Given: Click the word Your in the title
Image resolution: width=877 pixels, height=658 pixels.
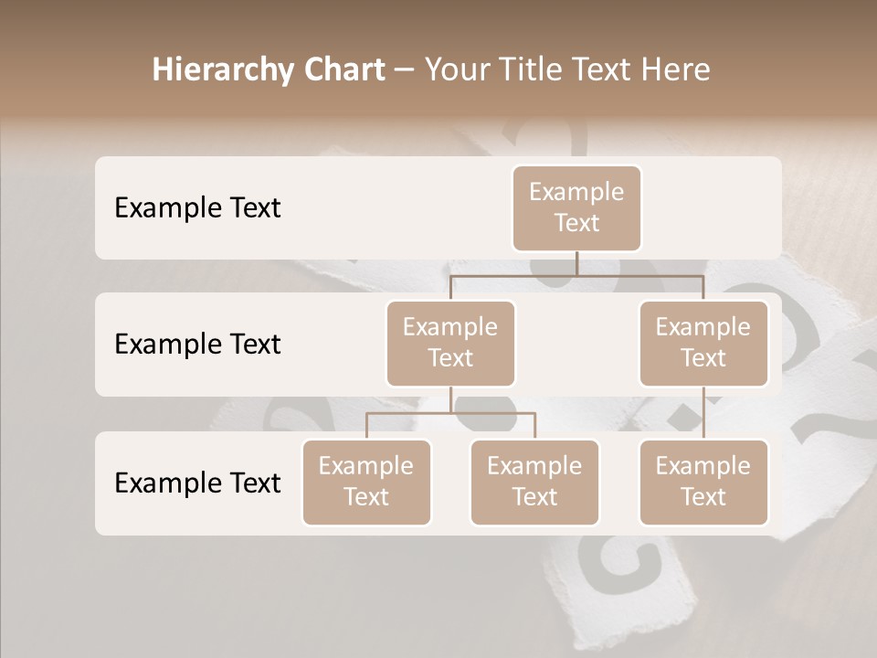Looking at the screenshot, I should (456, 70).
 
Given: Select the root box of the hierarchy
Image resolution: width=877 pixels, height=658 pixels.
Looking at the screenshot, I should (576, 207).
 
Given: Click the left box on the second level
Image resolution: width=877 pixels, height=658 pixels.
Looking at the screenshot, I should (450, 343).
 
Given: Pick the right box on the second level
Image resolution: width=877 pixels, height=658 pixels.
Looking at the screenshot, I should (703, 343).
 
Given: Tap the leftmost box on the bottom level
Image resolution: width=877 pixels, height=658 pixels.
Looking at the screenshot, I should (366, 482).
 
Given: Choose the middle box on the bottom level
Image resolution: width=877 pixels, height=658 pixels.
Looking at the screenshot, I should (534, 482).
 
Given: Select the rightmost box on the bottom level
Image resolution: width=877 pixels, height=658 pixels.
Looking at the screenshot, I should (703, 482).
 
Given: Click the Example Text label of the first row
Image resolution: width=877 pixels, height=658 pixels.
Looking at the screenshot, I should (197, 208).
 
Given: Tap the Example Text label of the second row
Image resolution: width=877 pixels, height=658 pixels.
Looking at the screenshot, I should (197, 345).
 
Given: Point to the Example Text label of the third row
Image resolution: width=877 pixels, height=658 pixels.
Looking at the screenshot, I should (197, 483).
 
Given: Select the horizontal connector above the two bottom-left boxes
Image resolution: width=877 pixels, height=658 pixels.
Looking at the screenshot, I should (450, 413).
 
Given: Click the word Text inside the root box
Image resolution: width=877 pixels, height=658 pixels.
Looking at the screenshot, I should (576, 223).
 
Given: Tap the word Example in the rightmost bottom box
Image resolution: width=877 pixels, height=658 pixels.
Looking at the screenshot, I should (703, 466).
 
